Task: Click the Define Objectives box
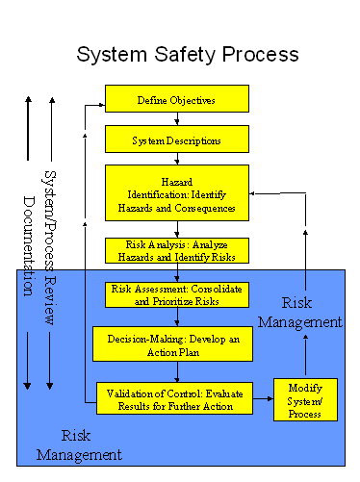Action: click(x=176, y=99)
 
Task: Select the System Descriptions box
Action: click(x=176, y=140)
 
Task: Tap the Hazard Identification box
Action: click(x=176, y=193)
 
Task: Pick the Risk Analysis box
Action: click(x=176, y=250)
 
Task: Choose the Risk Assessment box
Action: click(x=176, y=294)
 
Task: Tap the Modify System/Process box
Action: click(x=305, y=399)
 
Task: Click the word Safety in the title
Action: click(x=189, y=54)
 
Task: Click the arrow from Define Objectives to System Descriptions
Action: click(x=177, y=118)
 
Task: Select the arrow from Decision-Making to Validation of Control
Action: click(x=177, y=371)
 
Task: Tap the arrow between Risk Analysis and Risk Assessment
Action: click(x=177, y=272)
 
